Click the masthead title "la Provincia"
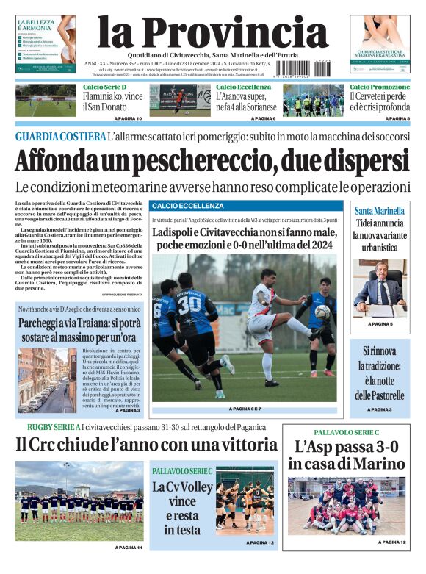[212, 32]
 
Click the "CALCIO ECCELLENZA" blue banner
[187, 206]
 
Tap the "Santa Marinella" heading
[380, 209]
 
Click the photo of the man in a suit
[380, 287]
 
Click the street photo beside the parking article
[46, 379]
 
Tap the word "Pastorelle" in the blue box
[380, 396]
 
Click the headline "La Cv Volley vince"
[182, 501]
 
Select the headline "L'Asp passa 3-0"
[346, 455]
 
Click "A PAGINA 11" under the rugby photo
[129, 548]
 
